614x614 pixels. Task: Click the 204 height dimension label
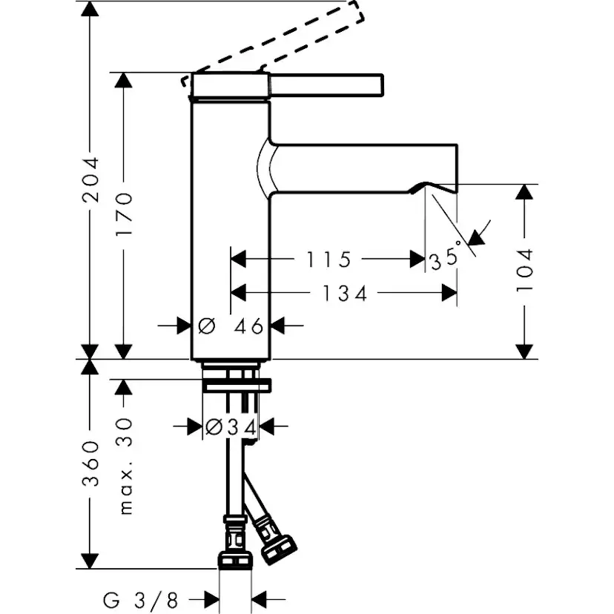coord(90,179)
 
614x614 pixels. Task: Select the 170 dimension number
coord(124,215)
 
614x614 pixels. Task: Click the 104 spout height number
coord(524,270)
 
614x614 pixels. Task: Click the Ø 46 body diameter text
coord(231,325)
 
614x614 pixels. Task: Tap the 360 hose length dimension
coord(90,463)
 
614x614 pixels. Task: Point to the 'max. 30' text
coord(125,464)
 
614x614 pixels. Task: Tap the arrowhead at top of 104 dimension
coord(524,191)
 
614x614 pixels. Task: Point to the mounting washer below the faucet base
coord(237,385)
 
